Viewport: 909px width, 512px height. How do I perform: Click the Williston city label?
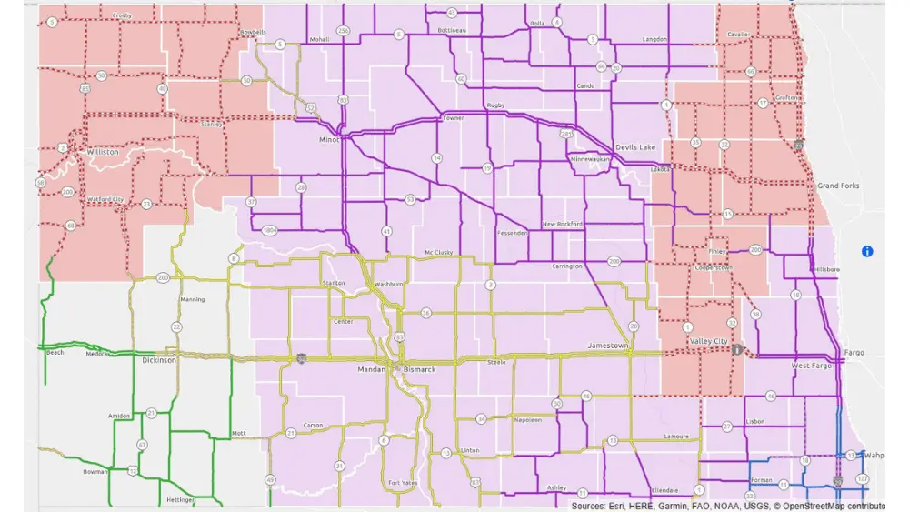[x=102, y=153]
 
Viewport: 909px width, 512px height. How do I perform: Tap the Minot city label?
[x=329, y=140]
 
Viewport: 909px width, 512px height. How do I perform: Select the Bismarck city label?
[x=420, y=370]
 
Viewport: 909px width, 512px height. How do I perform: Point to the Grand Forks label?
[x=838, y=186]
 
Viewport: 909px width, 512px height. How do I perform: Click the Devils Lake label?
[x=635, y=147]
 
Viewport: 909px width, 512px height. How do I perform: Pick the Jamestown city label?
[x=609, y=346]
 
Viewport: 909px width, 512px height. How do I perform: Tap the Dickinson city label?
[x=159, y=360]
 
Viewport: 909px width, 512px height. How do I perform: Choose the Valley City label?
[x=710, y=341]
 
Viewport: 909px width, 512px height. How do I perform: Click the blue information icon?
[x=867, y=251]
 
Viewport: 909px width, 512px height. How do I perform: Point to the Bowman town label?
[x=95, y=473]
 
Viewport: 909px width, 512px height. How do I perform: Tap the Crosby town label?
[x=121, y=15]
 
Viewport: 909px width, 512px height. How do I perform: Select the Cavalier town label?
[x=738, y=35]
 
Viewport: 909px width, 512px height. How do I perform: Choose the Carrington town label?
[x=567, y=266]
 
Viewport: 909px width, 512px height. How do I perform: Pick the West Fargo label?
[x=812, y=366]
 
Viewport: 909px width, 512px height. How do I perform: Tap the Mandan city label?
[x=372, y=370]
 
